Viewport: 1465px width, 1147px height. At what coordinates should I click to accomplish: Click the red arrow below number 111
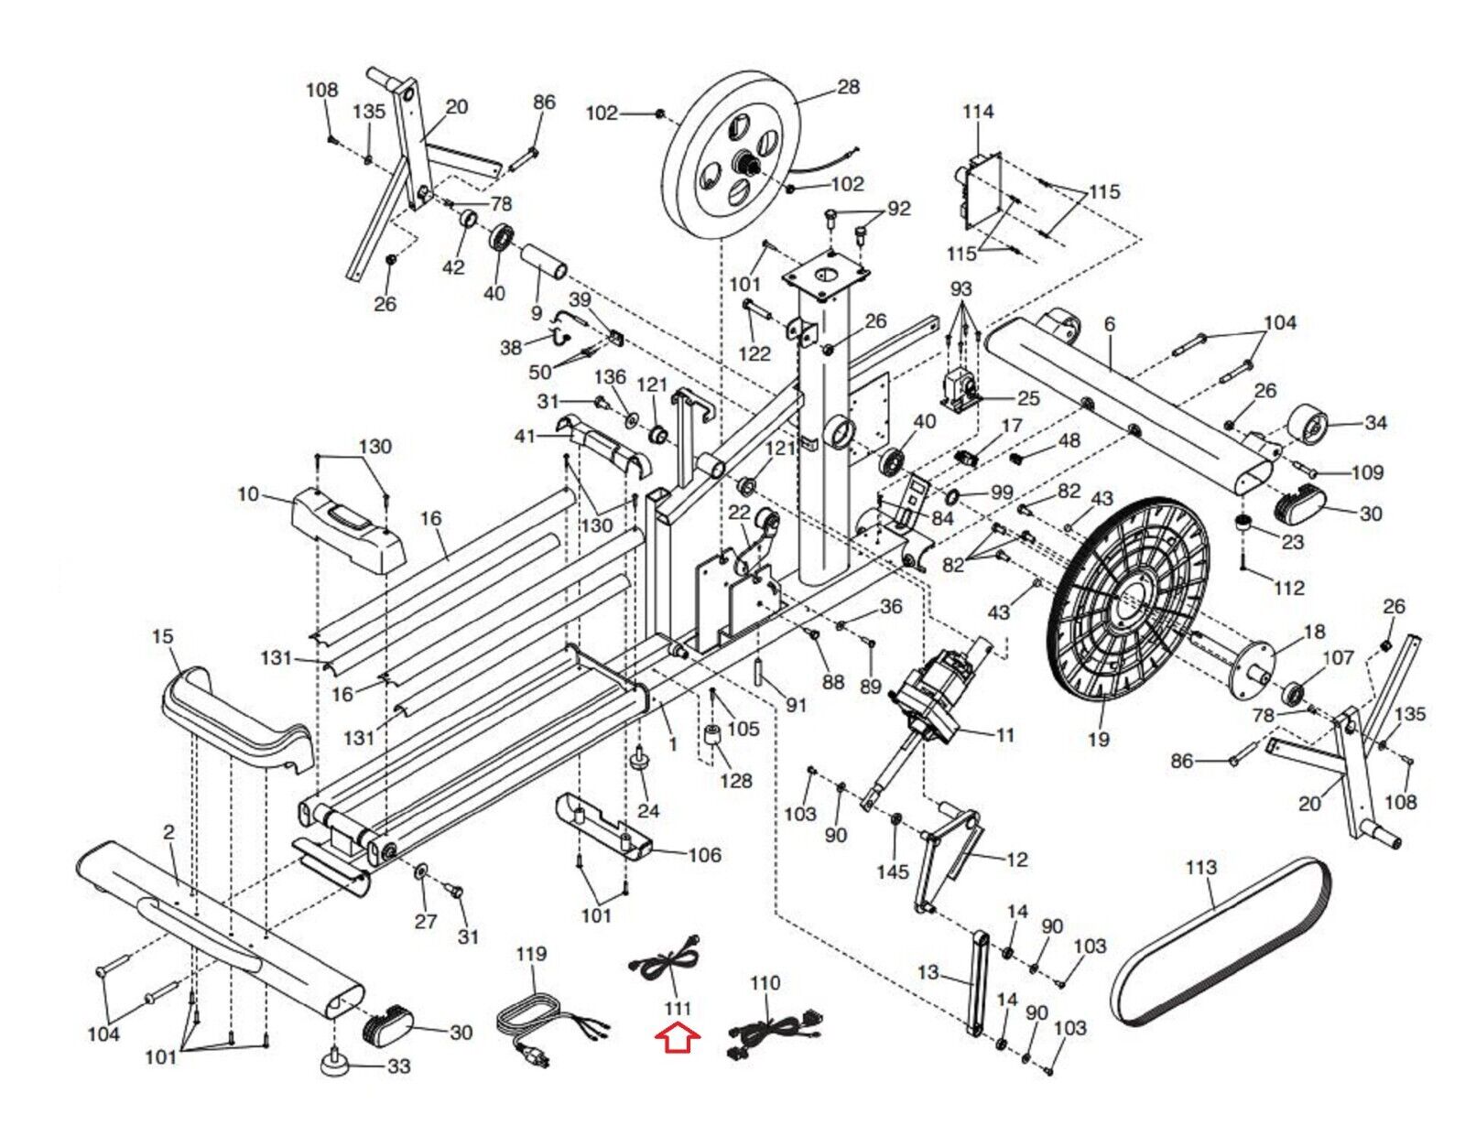(x=678, y=1038)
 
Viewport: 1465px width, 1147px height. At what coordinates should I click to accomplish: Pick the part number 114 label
(x=977, y=112)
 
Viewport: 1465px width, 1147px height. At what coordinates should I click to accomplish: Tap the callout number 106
(x=704, y=855)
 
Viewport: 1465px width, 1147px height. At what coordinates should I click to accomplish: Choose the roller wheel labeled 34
(x=1309, y=428)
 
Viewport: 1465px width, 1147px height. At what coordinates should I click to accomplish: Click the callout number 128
(x=735, y=780)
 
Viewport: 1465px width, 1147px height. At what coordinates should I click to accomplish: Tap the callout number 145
(x=892, y=871)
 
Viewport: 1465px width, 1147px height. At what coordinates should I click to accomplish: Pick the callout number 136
(x=610, y=377)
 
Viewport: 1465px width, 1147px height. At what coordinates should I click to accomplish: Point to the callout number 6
(x=1110, y=324)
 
